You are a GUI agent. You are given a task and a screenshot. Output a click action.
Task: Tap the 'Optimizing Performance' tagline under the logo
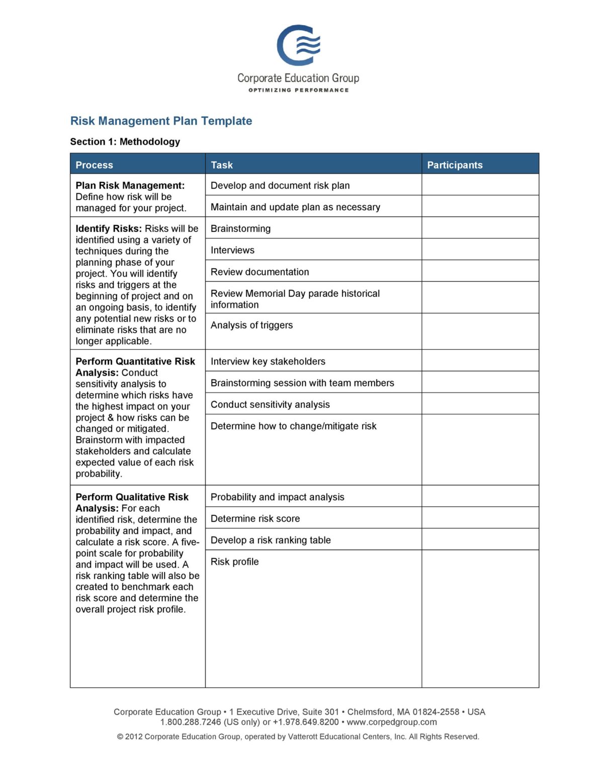298,90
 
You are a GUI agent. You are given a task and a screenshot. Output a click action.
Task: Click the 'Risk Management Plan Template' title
161,121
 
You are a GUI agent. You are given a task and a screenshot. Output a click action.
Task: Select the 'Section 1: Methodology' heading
125,141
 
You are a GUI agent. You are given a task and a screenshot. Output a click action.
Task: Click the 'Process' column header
94,165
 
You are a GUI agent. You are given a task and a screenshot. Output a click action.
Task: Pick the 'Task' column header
221,165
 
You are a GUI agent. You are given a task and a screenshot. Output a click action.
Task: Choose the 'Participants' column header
454,165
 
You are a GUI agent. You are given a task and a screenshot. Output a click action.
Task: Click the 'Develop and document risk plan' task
280,185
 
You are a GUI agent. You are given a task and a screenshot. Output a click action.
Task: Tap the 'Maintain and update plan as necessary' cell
295,207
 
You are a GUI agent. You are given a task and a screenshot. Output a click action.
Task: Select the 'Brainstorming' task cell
240,228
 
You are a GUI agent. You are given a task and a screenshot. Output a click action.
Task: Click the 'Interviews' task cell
232,250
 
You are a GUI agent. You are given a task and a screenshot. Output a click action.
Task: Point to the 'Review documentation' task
260,272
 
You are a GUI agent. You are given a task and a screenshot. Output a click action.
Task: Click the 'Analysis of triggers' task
251,325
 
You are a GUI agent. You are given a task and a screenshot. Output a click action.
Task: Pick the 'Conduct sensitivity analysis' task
270,405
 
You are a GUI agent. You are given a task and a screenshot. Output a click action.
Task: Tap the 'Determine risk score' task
255,518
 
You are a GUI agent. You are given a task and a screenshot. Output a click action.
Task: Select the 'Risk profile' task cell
234,562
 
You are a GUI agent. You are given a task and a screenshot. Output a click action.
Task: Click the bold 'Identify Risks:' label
109,228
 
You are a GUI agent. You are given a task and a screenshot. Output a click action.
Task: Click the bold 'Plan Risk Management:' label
130,185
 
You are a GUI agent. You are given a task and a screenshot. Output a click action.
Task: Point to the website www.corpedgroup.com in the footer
391,722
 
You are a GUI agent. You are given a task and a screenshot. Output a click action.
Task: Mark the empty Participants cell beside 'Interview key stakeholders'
480,361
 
